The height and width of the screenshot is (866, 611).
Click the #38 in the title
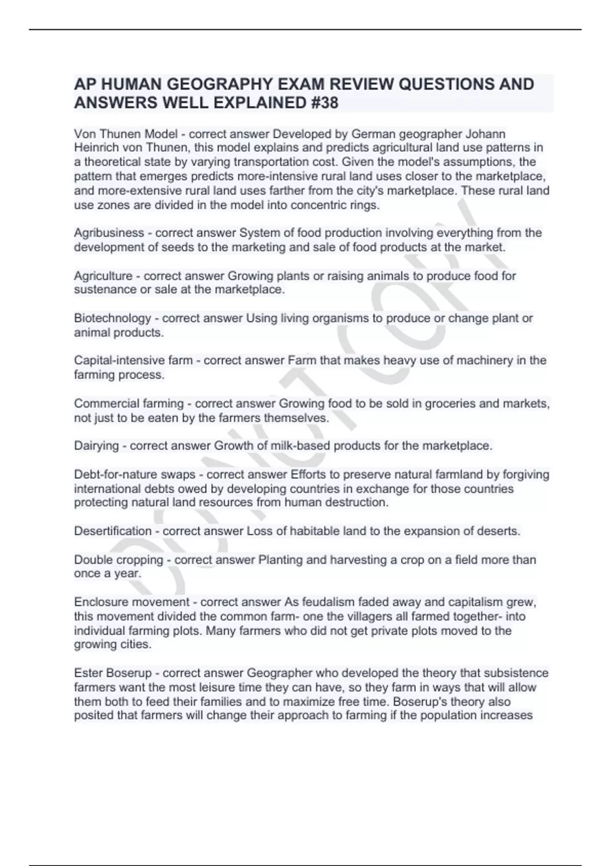click(323, 103)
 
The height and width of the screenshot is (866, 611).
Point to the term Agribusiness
click(109, 233)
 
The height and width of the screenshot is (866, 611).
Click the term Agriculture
click(103, 276)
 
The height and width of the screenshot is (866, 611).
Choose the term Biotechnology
click(113, 318)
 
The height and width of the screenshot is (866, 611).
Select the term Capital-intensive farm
click(133, 361)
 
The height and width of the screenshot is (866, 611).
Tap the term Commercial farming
click(129, 403)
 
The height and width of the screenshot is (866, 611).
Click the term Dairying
click(97, 446)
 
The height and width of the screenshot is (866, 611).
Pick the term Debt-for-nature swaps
click(135, 475)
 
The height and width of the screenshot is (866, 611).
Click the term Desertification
click(113, 531)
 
